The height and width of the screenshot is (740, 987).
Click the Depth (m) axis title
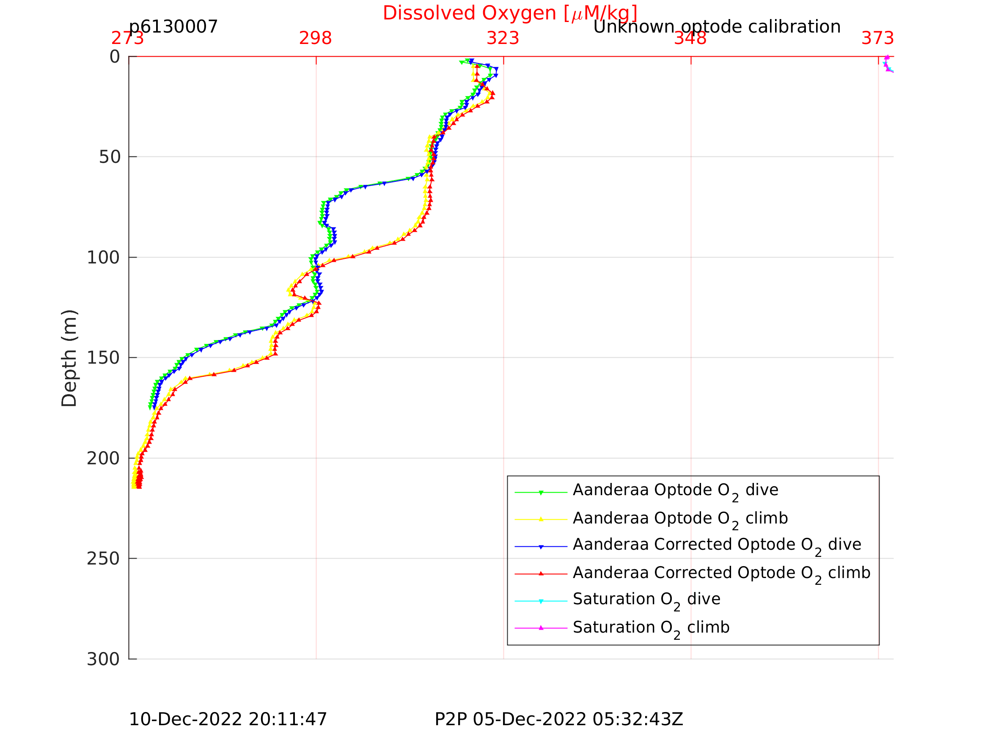pyautogui.click(x=70, y=358)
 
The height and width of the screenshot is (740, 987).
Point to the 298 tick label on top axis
pyautogui.click(x=316, y=38)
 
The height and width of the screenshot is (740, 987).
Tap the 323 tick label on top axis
pyautogui.click(x=503, y=38)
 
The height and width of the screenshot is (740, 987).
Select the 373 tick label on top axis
pyautogui.click(x=878, y=38)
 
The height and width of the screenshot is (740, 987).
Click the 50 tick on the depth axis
pyautogui.click(x=110, y=157)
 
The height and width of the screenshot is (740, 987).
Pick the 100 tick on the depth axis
pyautogui.click(x=104, y=258)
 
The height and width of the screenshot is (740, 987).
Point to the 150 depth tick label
pyautogui.click(x=104, y=358)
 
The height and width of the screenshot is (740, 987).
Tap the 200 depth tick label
pyautogui.click(x=104, y=458)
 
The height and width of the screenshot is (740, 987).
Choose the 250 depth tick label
pyautogui.click(x=104, y=559)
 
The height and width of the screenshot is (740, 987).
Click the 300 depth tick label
pyautogui.click(x=104, y=659)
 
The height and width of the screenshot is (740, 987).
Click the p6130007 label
pyautogui.click(x=173, y=27)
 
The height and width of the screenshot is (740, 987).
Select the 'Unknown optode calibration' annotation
pyautogui.click(x=717, y=27)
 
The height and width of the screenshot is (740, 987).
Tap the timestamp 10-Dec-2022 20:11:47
pyautogui.click(x=228, y=719)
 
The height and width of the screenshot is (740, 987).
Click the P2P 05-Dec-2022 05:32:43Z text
pyautogui.click(x=558, y=719)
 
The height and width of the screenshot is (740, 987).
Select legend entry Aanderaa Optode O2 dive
pyautogui.click(x=676, y=490)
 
